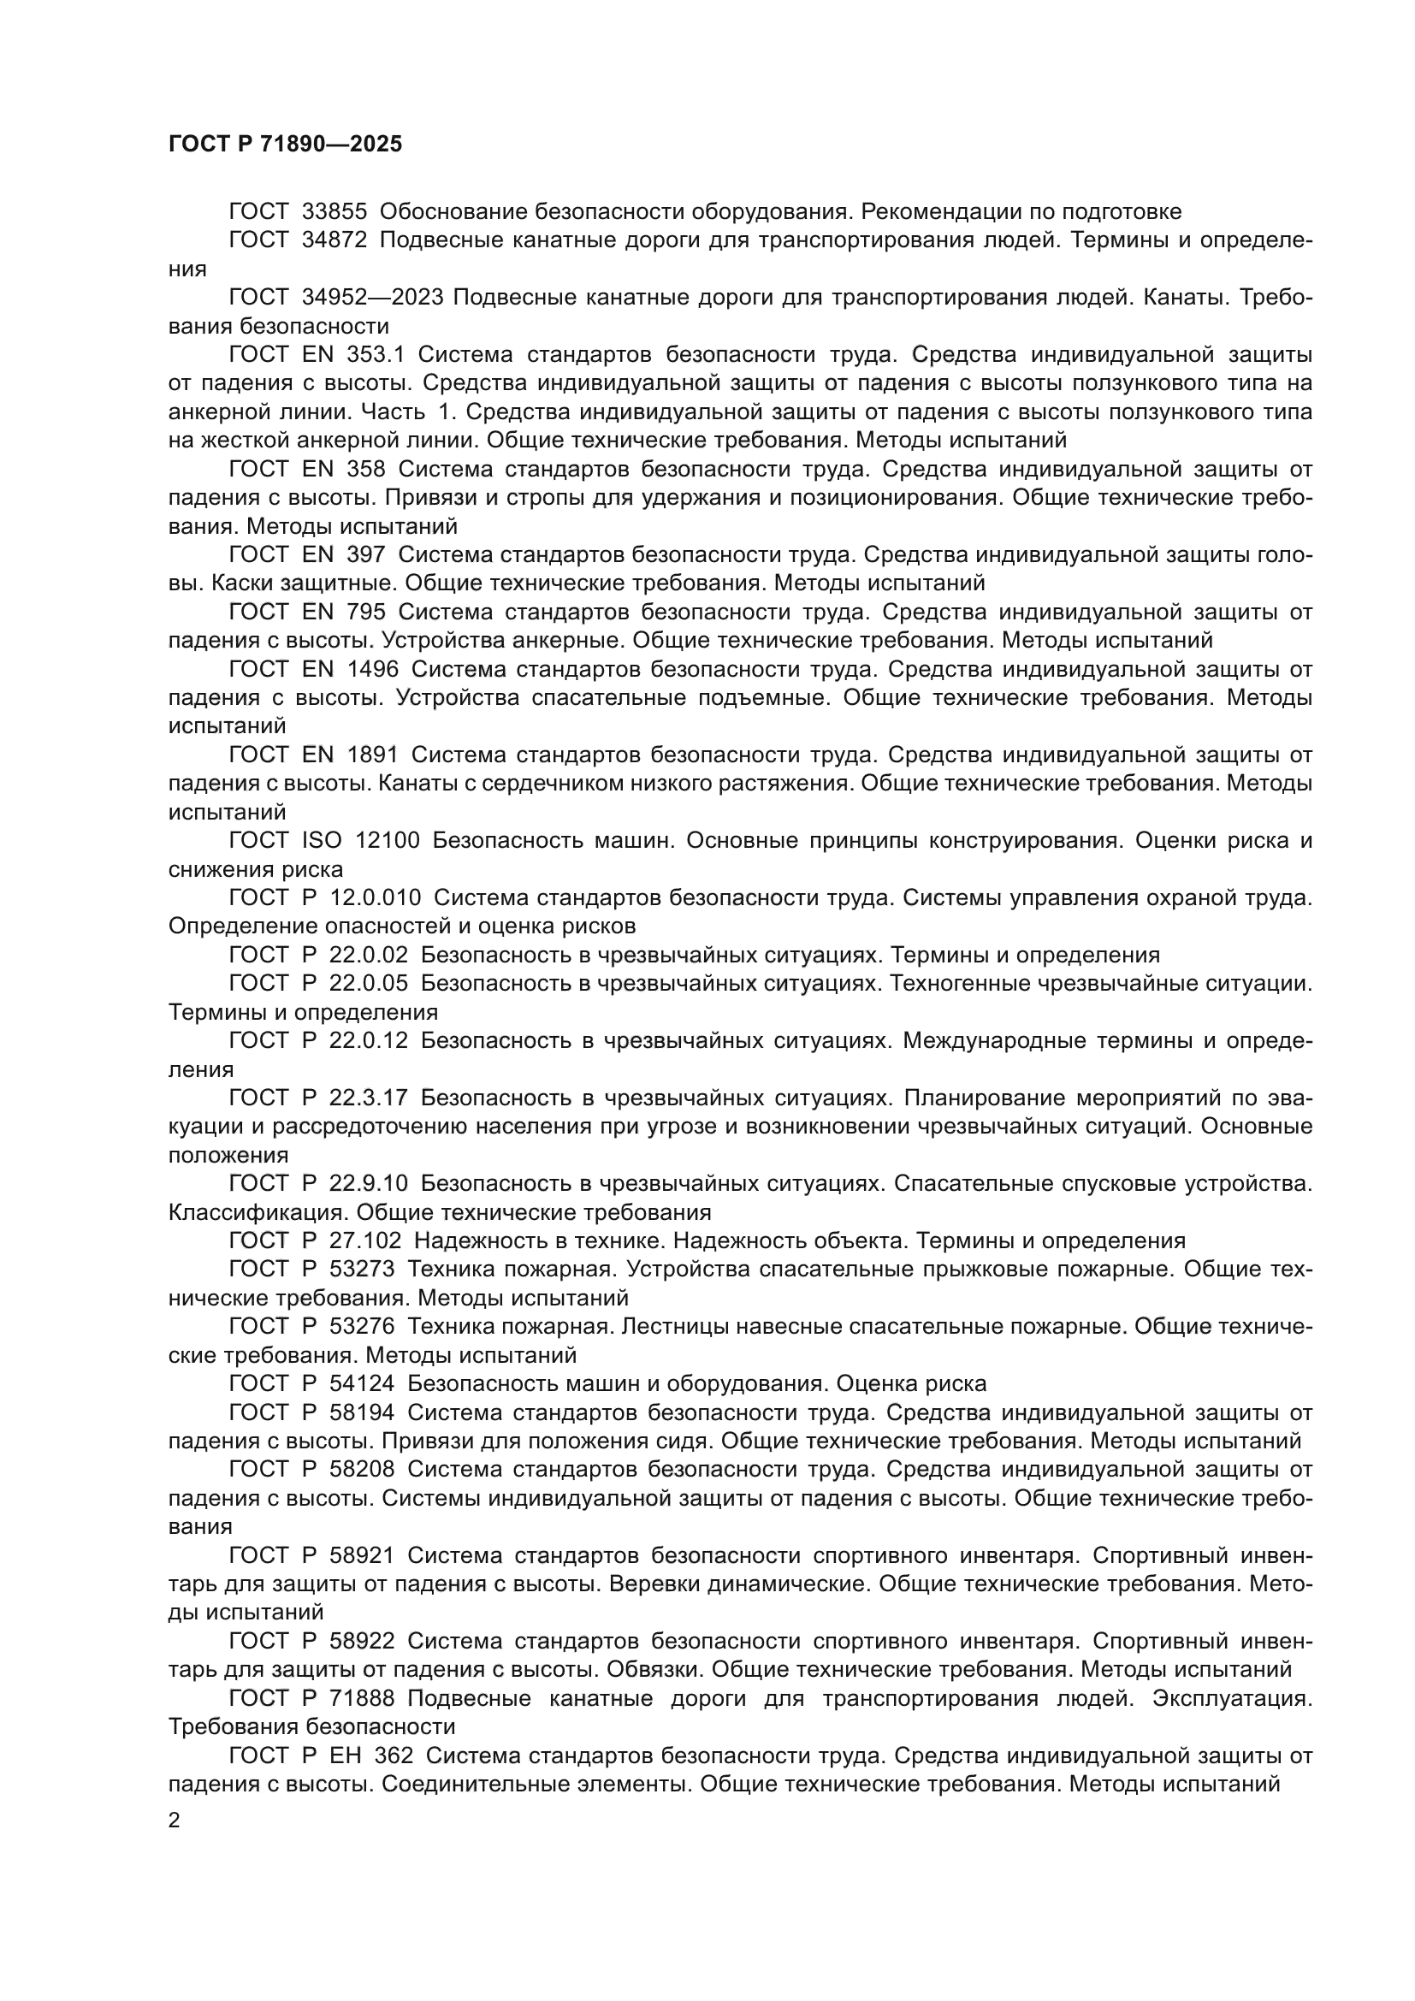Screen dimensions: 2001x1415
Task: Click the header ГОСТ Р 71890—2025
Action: [x=285, y=145]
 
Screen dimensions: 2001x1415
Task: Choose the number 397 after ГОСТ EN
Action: [x=367, y=555]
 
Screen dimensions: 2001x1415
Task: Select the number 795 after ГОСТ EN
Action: [x=367, y=613]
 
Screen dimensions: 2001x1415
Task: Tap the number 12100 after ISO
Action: [x=388, y=841]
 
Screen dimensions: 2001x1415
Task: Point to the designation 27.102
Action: [x=365, y=1241]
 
